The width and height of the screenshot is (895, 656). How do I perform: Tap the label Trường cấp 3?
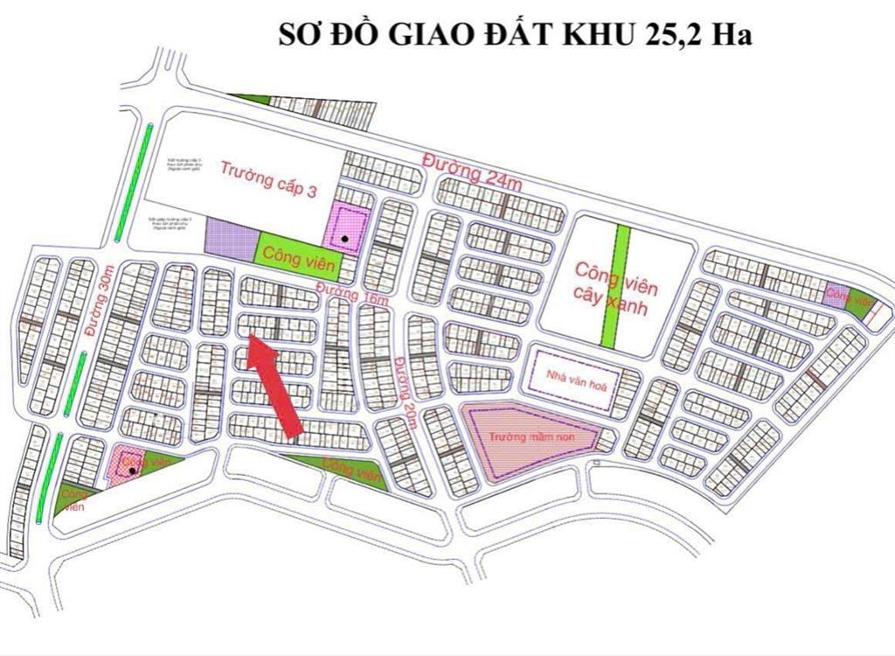point(268,178)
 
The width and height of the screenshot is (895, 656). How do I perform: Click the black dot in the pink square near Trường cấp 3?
point(347,238)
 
